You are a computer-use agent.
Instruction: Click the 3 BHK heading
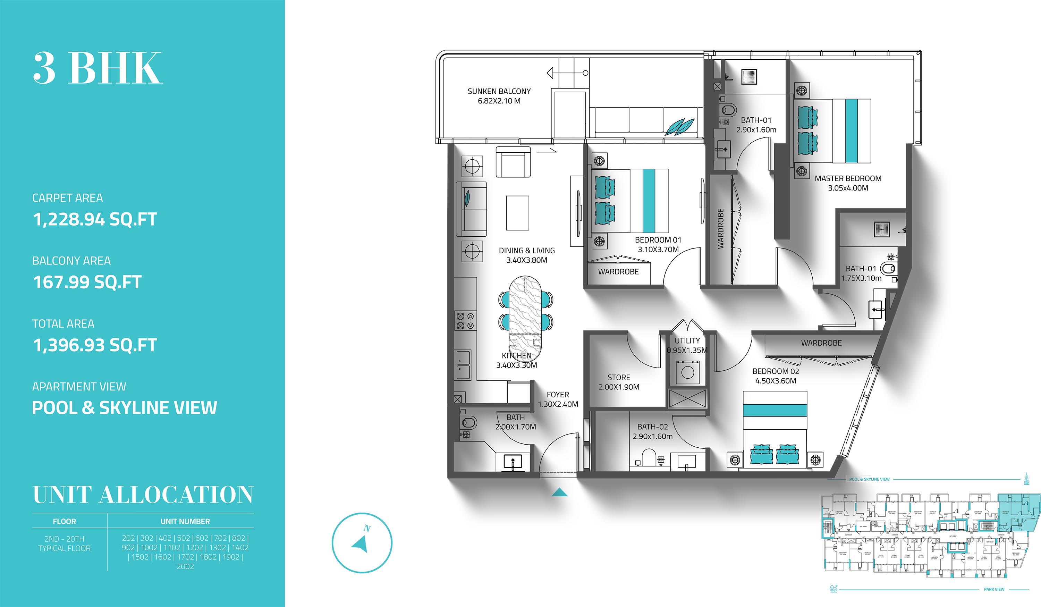pyautogui.click(x=98, y=68)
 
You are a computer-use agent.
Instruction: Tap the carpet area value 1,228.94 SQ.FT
pyautogui.click(x=95, y=219)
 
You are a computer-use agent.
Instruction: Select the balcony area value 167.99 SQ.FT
pyautogui.click(x=87, y=282)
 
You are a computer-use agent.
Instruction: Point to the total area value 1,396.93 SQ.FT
pyautogui.click(x=95, y=345)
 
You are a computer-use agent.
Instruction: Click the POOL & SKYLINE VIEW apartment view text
pyautogui.click(x=124, y=408)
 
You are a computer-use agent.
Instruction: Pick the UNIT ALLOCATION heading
pyautogui.click(x=143, y=495)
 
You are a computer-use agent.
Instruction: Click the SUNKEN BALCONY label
pyautogui.click(x=499, y=91)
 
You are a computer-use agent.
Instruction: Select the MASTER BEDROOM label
pyautogui.click(x=848, y=178)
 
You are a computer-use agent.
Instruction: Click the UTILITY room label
pyautogui.click(x=687, y=341)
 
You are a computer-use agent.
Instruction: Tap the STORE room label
pyautogui.click(x=619, y=377)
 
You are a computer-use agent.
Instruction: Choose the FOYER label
pyautogui.click(x=558, y=395)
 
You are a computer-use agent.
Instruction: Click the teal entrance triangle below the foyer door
pyautogui.click(x=559, y=492)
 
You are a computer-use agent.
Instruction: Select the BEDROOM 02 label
pyautogui.click(x=776, y=371)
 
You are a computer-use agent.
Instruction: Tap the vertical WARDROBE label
pyautogui.click(x=721, y=228)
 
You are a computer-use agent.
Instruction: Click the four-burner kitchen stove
pyautogui.click(x=465, y=321)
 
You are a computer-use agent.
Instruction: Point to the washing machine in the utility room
pyautogui.click(x=687, y=372)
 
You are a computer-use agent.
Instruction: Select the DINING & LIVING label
pyautogui.click(x=527, y=251)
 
